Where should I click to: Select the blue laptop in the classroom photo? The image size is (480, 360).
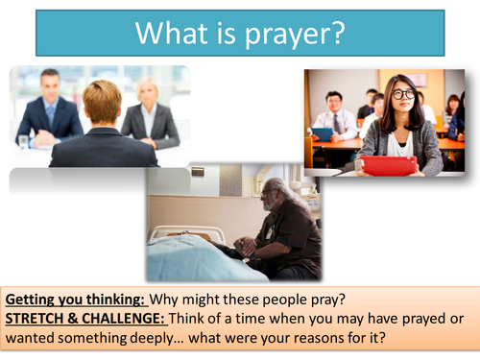(x=322, y=134)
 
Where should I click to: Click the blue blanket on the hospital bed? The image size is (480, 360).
(x=192, y=263)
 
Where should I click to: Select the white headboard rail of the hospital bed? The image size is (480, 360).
(x=182, y=231)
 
